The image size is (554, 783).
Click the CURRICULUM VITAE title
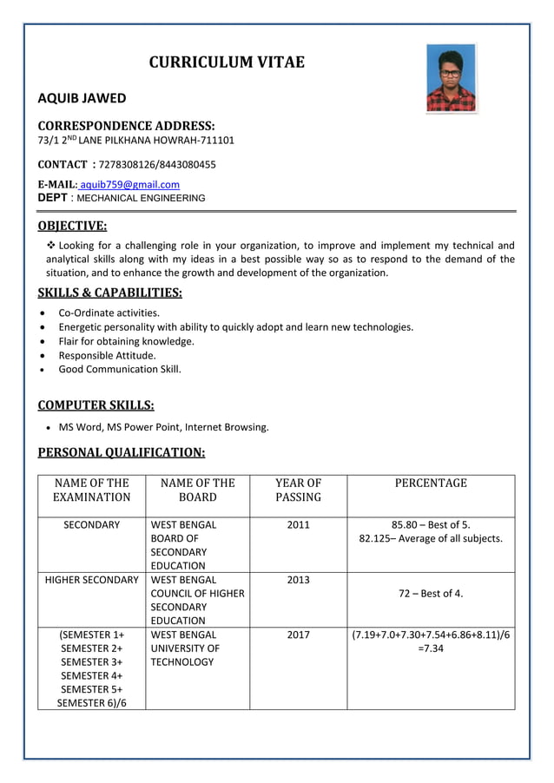(x=227, y=62)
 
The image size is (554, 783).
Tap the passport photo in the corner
(x=451, y=78)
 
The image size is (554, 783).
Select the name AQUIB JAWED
(x=82, y=99)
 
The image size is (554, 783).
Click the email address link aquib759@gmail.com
(x=130, y=184)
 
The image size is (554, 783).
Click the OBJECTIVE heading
(x=73, y=227)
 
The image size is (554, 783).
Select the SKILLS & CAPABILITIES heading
(x=110, y=293)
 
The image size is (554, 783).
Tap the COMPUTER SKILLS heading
(x=96, y=405)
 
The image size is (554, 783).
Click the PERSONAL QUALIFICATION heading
(x=122, y=452)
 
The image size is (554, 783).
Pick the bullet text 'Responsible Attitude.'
(x=107, y=355)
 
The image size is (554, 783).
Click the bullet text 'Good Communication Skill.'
(x=120, y=369)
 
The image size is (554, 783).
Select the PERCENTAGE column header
(x=431, y=484)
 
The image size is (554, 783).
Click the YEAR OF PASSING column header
(x=298, y=490)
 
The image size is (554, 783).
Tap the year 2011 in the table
(x=298, y=525)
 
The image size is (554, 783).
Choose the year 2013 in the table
(x=298, y=580)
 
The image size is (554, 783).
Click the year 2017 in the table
(x=298, y=635)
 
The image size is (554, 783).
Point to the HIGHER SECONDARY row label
(x=91, y=580)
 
